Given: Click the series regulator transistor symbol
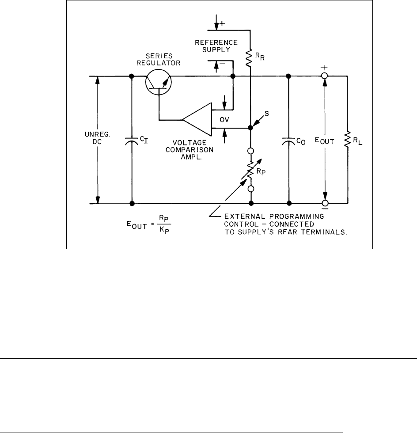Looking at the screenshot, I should [158, 81].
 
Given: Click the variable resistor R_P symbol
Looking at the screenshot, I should [250, 170].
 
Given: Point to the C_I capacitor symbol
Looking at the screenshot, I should [132, 141].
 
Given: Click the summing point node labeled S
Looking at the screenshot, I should [250, 128].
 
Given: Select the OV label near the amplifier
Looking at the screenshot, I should [219, 119].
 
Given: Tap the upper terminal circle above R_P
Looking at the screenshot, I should [250, 151].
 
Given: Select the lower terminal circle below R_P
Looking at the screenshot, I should [250, 189].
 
